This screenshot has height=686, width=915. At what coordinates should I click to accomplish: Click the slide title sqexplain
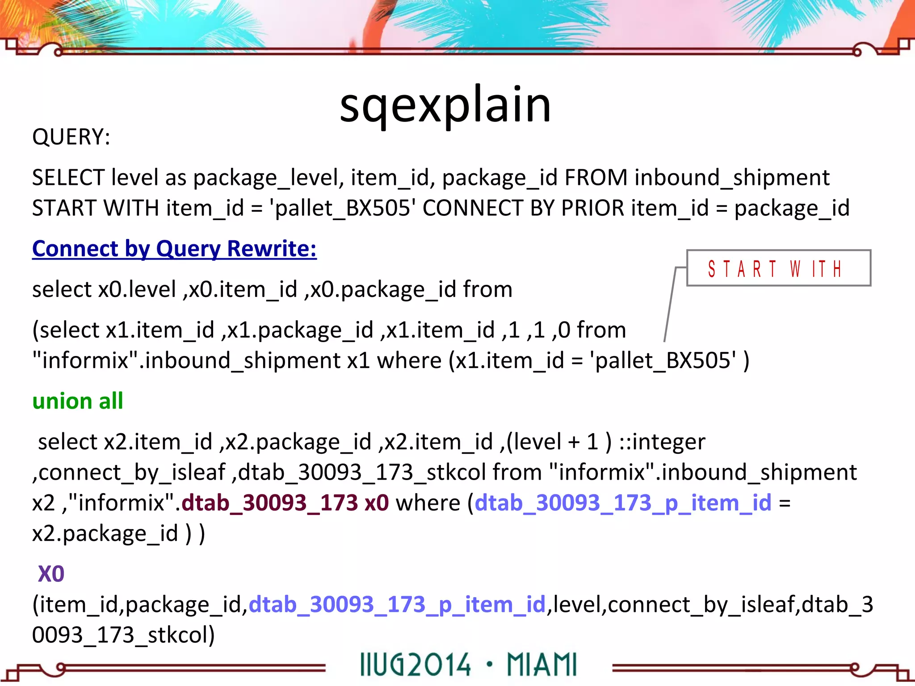(445, 105)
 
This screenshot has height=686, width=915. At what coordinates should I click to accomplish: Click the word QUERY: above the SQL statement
(71, 137)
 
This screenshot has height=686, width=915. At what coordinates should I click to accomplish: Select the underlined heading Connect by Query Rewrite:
(174, 249)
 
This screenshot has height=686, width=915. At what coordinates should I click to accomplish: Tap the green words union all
(78, 401)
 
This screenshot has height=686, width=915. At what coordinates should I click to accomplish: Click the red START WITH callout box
(778, 268)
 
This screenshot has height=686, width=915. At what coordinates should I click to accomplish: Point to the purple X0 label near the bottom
(51, 574)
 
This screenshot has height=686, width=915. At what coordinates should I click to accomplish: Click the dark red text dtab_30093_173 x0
(285, 503)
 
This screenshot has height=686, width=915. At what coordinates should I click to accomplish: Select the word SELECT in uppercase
(68, 178)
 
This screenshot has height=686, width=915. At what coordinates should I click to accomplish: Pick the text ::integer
(662, 442)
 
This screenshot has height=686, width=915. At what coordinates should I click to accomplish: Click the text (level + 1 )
(558, 442)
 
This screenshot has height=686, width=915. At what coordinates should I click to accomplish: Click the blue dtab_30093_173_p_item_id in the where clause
(623, 503)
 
